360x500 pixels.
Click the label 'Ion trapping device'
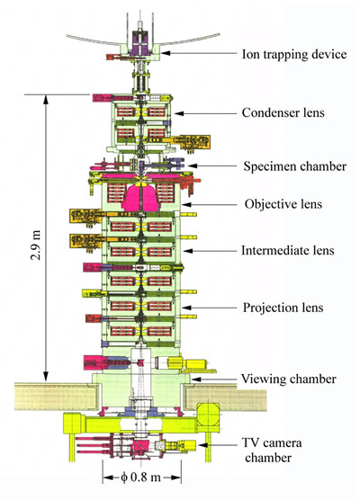click(x=294, y=54)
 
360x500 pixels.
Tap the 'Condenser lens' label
click(x=283, y=112)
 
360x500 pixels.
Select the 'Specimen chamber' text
click(x=295, y=166)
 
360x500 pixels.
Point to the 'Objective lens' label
click(x=283, y=204)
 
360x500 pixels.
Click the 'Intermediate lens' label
click(x=288, y=250)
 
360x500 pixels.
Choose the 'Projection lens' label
click(x=283, y=308)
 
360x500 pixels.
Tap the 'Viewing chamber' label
click(x=289, y=379)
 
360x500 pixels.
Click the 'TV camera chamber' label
click(x=272, y=450)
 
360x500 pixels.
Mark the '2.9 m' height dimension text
click(x=36, y=245)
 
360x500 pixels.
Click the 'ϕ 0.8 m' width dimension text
click(x=140, y=477)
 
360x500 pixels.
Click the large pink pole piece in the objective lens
click(x=140, y=199)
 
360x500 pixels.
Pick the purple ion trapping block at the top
click(x=140, y=42)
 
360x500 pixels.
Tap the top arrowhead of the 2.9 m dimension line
click(x=46, y=99)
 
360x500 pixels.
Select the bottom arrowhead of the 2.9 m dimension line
click(x=46, y=376)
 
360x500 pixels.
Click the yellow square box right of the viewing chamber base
click(x=208, y=414)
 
